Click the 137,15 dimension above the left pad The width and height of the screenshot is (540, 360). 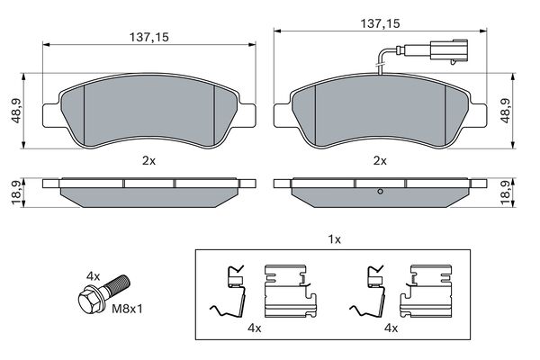149,37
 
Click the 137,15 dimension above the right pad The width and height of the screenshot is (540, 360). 380,23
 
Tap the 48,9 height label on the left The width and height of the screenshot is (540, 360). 16,110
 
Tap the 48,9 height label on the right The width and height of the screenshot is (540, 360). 506,110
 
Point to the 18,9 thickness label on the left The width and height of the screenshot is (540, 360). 16,193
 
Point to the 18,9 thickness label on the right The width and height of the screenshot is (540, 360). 506,193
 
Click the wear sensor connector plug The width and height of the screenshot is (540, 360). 448,51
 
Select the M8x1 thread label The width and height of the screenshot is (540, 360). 127,309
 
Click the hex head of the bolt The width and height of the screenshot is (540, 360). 90,300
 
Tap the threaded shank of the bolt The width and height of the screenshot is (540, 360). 117,285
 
